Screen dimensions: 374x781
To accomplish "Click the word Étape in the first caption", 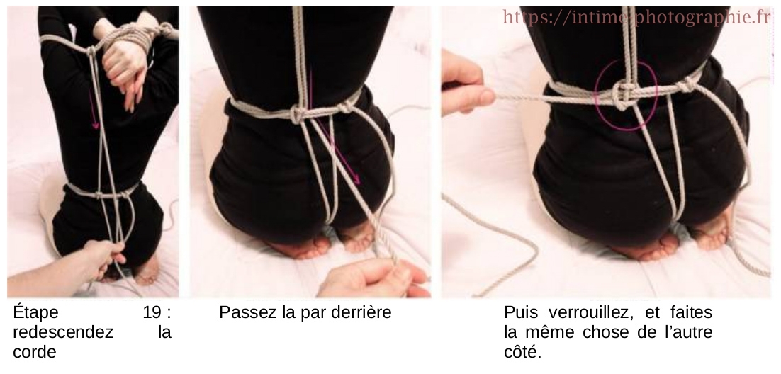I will (35, 312).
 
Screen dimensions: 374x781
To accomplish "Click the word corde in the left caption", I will (33, 351).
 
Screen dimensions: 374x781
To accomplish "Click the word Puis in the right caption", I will (520, 312).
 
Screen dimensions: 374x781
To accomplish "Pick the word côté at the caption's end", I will (522, 351).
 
